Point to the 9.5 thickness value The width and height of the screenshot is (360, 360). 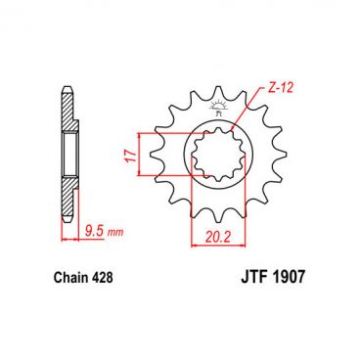[x=94, y=234]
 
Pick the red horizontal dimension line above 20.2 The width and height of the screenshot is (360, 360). [x=221, y=219]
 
